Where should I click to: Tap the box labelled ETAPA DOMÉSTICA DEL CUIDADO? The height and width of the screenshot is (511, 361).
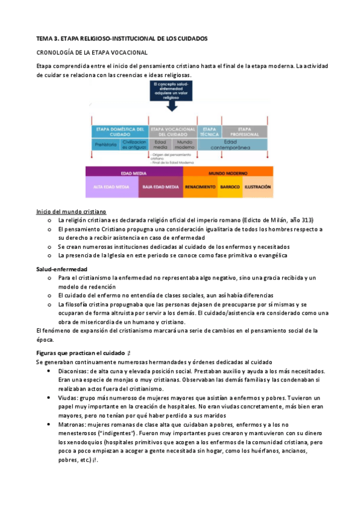pos(119,131)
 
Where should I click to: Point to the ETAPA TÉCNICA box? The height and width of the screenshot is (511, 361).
pos(209,131)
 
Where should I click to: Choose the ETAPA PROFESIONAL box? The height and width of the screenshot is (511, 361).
pos(244,131)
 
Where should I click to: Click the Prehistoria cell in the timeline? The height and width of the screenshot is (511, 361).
pos(105,145)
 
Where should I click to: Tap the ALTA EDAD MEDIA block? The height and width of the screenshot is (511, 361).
pos(112,187)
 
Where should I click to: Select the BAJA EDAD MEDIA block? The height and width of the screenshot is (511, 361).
pos(160,187)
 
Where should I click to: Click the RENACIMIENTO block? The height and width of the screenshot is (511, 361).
pos(200,187)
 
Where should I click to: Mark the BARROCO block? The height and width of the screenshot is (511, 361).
pos(230,187)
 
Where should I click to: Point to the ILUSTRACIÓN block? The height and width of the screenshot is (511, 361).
pos(258,187)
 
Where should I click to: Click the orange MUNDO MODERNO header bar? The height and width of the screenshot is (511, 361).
pos(228,173)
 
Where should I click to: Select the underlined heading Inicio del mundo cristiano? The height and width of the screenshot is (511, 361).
pos(71,212)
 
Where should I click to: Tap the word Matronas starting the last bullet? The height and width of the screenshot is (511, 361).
pos(72,424)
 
